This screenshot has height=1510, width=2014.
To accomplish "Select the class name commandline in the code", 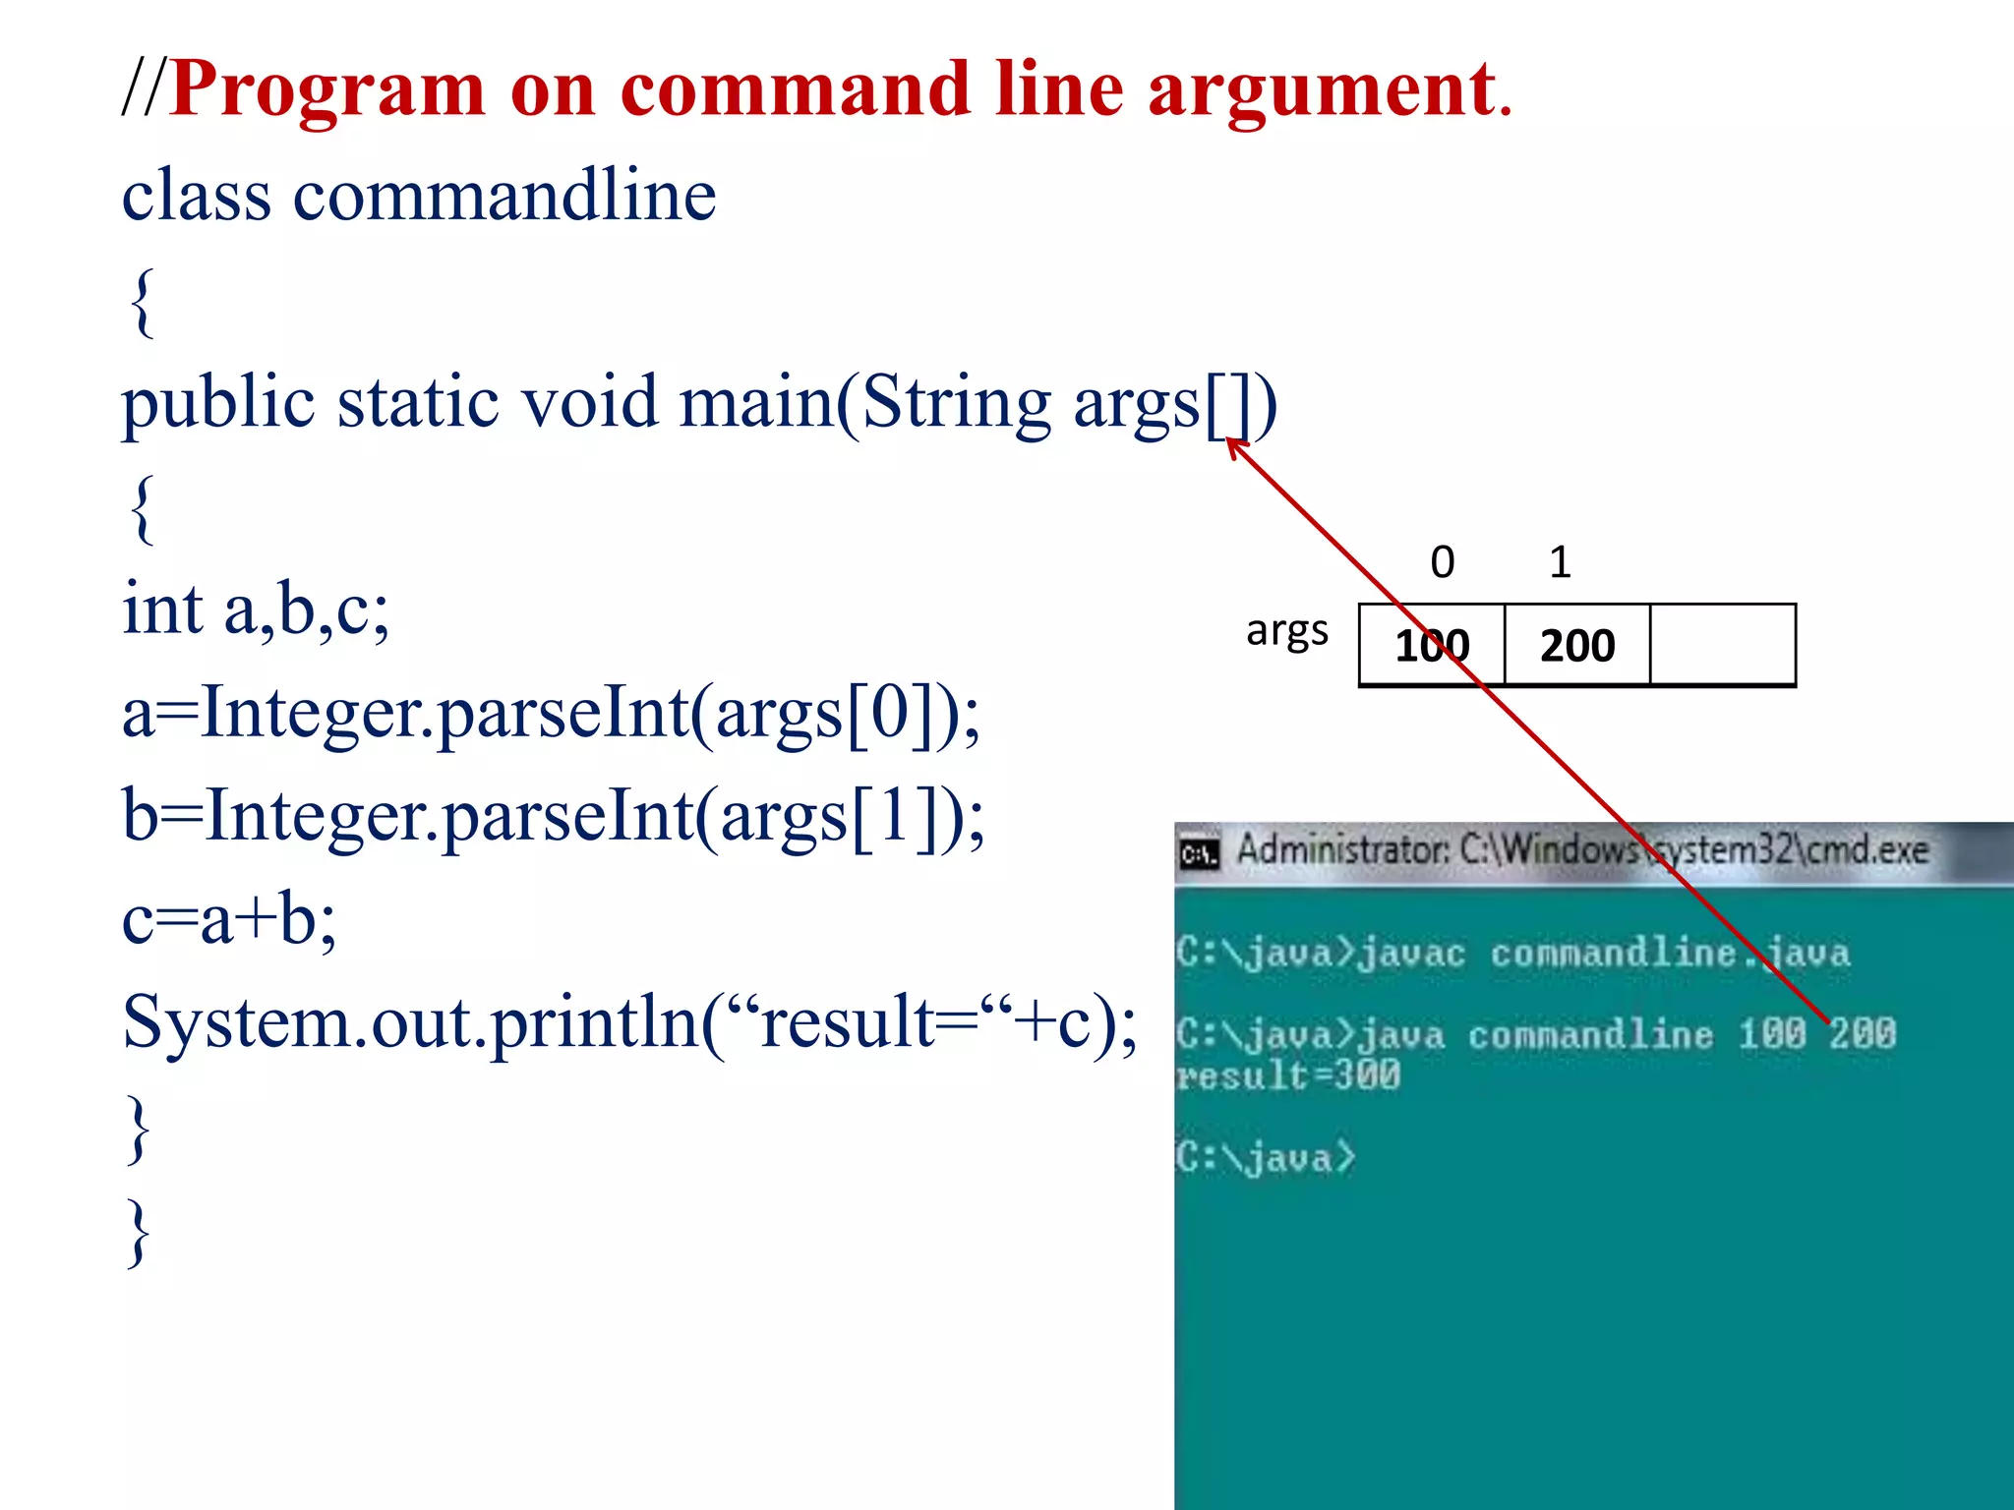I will coord(504,195).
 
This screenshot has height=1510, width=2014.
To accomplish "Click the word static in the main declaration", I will coord(417,402).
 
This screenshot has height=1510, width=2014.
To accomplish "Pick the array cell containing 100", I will coord(1432,645).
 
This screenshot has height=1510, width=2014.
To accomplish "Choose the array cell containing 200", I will coord(1577,645).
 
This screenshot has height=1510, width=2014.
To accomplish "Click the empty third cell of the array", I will coord(1722,645).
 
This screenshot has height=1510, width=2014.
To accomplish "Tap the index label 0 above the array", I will coord(1442,562).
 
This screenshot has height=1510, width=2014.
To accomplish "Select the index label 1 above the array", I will coord(1560,562).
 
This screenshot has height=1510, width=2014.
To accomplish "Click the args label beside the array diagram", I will coord(1286,630).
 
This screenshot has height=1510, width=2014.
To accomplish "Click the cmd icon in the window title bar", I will coord(1199,853).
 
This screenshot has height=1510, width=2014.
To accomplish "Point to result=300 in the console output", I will coord(1288,1075).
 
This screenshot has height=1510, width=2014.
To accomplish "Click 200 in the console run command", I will coord(1862,1033).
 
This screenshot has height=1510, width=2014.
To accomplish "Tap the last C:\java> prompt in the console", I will coord(1266,1157).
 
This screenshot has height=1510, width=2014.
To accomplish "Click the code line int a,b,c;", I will coord(256,609).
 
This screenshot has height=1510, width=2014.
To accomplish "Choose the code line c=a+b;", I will coord(229,918).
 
